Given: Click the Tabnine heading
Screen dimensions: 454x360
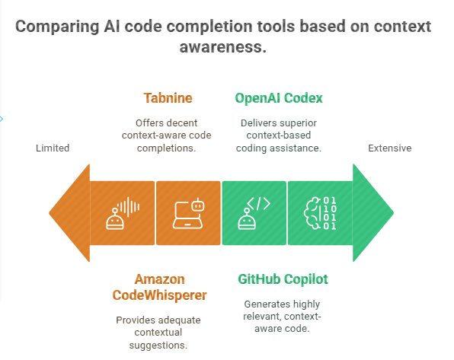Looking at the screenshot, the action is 168,98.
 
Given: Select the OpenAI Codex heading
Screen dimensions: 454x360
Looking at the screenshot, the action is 279,98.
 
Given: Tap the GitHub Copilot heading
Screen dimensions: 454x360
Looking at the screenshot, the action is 283,279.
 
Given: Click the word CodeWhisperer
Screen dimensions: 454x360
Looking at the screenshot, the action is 159,295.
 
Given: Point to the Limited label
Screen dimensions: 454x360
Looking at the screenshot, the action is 53,148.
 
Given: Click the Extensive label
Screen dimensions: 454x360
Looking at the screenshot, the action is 390,148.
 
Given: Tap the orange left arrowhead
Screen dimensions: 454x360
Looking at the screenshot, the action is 69,213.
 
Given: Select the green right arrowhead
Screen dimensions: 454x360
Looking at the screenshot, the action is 373,213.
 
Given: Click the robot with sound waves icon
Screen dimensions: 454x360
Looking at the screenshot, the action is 123,213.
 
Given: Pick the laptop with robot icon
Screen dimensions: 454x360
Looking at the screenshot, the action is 188,213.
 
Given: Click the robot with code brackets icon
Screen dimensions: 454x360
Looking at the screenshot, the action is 254,213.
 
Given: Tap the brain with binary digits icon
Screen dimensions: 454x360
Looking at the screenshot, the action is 320,213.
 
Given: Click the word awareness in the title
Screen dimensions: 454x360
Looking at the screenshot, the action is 222,47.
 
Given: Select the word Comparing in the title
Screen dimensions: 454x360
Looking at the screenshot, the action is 57,27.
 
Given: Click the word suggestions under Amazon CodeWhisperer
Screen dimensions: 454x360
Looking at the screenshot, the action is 158,346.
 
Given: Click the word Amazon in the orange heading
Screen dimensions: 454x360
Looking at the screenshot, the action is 159,279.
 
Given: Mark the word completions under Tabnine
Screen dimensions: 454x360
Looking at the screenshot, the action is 167,148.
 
